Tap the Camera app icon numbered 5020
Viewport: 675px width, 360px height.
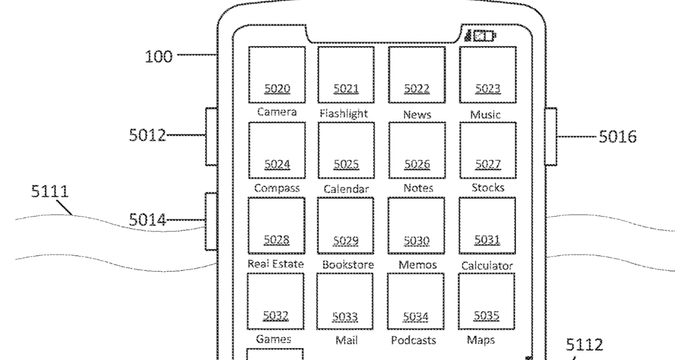(277, 74)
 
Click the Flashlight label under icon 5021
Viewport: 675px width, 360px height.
(344, 113)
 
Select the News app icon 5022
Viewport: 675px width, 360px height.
(416, 74)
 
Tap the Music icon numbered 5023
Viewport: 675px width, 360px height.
(487, 74)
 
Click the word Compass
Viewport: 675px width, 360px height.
(277, 188)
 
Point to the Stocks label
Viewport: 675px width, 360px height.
(487, 188)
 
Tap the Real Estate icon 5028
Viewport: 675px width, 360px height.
(276, 226)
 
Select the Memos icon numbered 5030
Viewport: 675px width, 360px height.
(416, 226)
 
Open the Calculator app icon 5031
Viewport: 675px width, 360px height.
(487, 226)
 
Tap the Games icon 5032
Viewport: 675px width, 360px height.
(276, 301)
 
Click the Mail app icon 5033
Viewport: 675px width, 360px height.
(345, 301)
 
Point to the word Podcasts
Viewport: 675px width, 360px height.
(413, 340)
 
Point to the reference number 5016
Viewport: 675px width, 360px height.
(617, 136)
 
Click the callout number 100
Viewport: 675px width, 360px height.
(159, 56)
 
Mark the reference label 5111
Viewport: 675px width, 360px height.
(49, 192)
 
